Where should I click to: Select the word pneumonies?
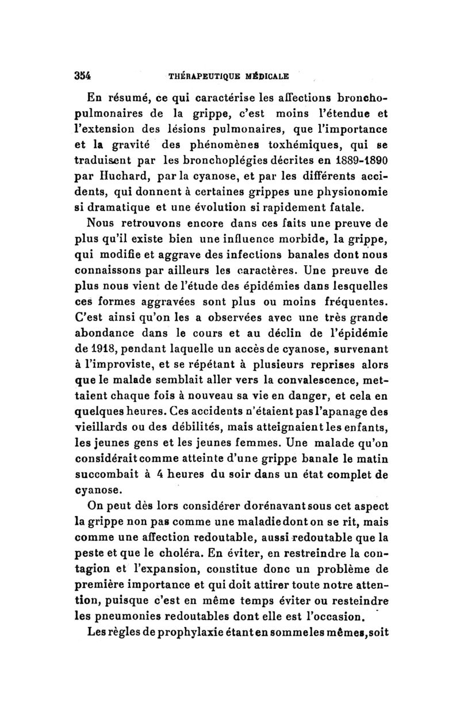coord(140,616)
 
